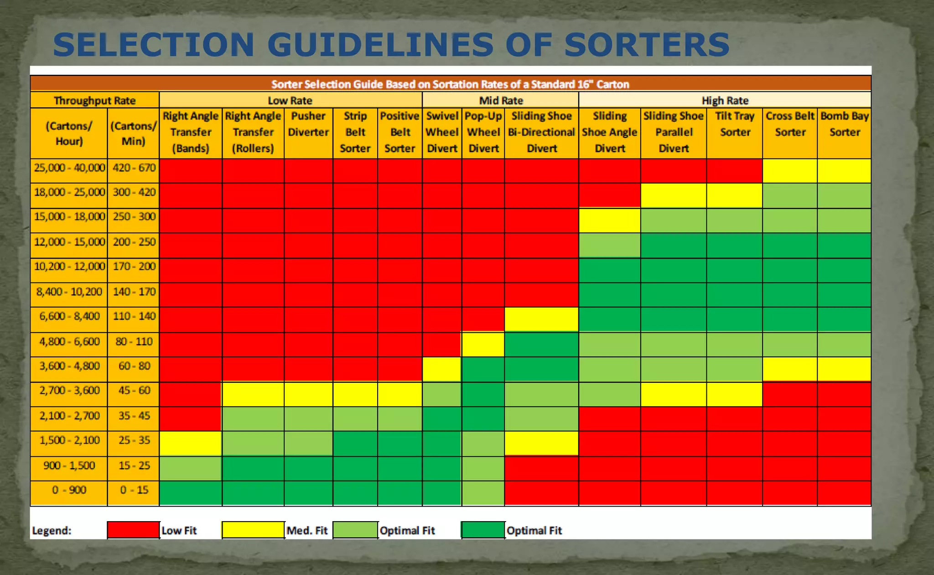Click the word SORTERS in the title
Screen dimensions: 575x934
[x=647, y=45]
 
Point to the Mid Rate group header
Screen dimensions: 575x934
[x=501, y=100]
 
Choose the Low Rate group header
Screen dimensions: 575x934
[x=290, y=100]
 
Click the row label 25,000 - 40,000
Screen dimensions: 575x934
[x=69, y=168]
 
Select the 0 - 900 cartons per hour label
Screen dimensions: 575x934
[x=69, y=490]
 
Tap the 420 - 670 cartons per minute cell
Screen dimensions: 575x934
[x=134, y=168]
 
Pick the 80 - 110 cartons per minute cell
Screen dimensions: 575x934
[x=134, y=341]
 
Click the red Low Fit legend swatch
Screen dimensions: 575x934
[x=133, y=530]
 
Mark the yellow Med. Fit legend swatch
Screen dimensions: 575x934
[x=253, y=530]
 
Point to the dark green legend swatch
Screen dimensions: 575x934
[x=483, y=530]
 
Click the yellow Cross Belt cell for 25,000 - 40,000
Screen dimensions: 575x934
[x=789, y=171]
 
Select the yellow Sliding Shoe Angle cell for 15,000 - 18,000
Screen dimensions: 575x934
[x=609, y=220]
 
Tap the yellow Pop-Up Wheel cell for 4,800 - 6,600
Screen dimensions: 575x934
[x=483, y=344]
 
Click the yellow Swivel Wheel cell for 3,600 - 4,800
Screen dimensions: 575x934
[x=441, y=369]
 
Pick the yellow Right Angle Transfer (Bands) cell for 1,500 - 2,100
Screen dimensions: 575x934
[x=191, y=443]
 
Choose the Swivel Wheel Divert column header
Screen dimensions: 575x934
[x=441, y=132]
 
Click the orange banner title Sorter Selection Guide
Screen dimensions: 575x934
[x=450, y=84]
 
